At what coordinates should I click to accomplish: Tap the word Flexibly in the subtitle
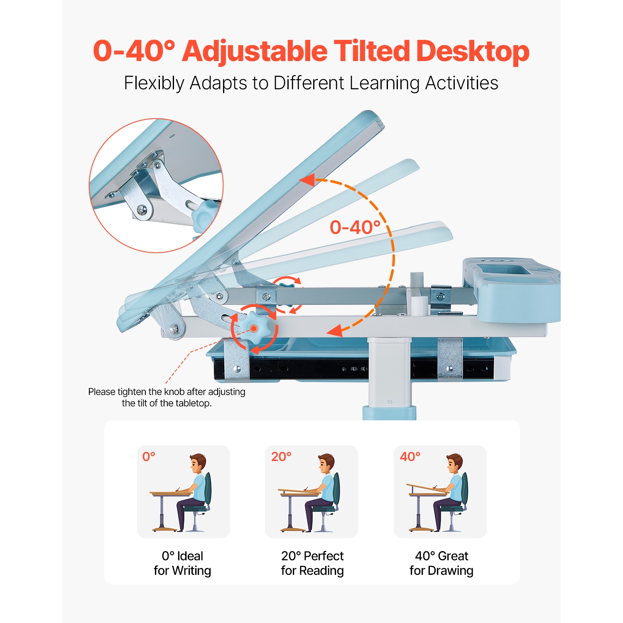(154, 83)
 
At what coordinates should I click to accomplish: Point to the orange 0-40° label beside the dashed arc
(355, 228)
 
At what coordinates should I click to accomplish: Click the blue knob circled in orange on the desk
(254, 329)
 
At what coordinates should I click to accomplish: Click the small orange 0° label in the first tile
(149, 457)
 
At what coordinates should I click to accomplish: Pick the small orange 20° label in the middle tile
(281, 457)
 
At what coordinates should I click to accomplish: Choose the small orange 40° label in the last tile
(410, 457)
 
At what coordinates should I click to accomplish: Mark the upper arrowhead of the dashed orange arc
(308, 180)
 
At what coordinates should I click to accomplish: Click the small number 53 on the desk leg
(390, 402)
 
